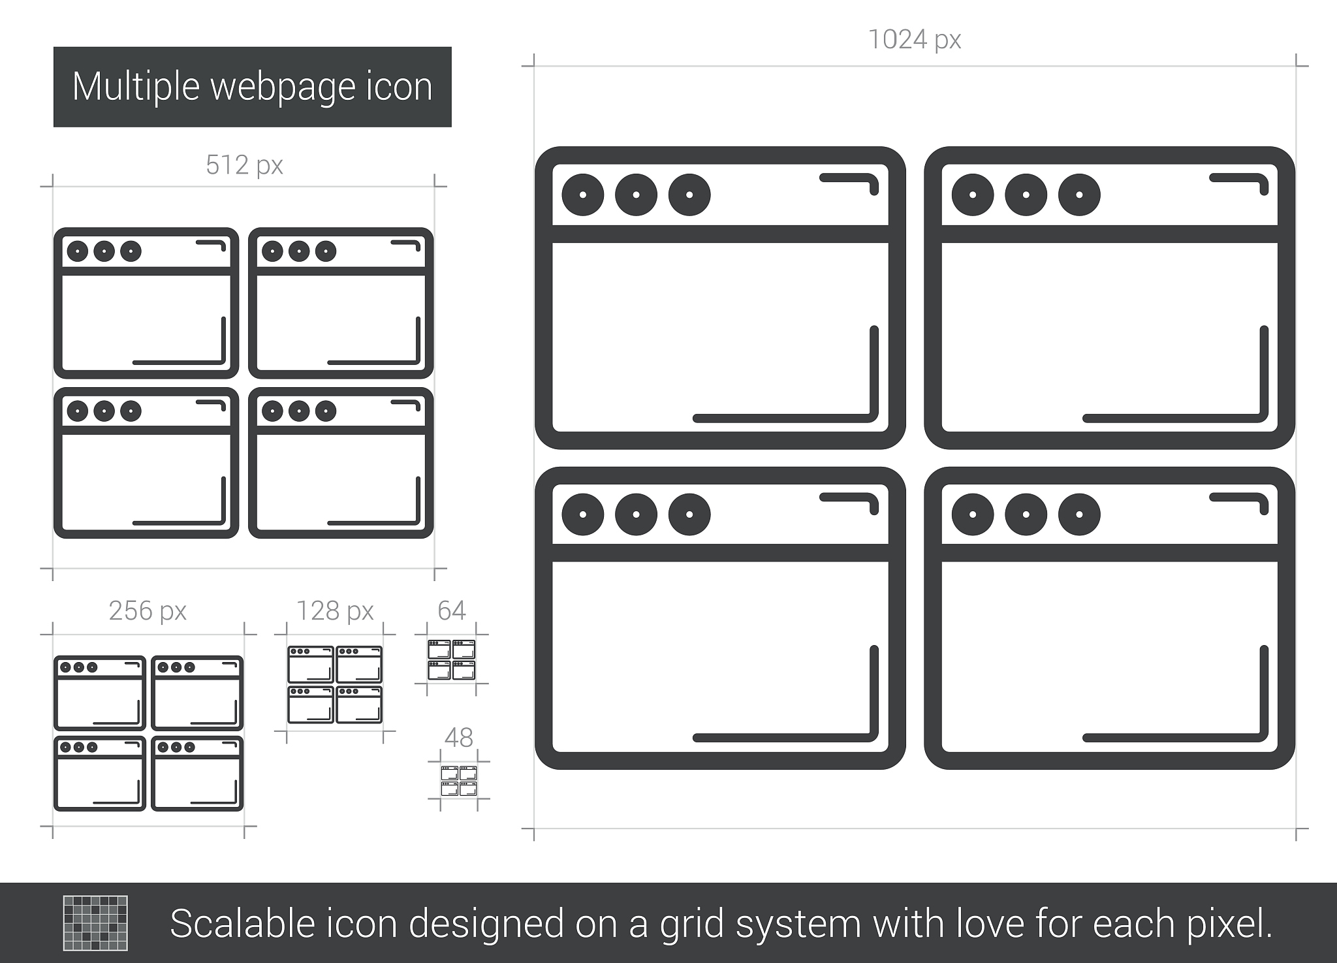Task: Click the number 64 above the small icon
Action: (451, 610)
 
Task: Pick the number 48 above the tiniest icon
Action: (458, 738)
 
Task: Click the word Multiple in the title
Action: (136, 87)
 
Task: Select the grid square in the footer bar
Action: (95, 923)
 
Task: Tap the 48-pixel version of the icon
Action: (458, 781)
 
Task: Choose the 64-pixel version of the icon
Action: (451, 660)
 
